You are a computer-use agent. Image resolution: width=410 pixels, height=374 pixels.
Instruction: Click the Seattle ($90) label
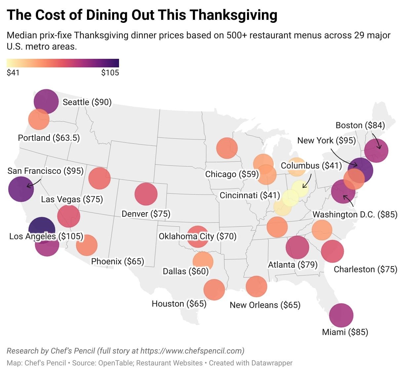pyautogui.click(x=87, y=102)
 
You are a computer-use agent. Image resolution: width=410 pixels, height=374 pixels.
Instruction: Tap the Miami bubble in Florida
pyautogui.click(x=341, y=316)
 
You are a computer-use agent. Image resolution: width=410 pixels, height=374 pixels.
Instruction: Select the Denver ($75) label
pyautogui.click(x=146, y=214)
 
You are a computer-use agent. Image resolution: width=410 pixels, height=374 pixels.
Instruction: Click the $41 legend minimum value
pyautogui.click(x=13, y=73)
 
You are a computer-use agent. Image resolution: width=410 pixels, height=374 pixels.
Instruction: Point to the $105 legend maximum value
pyautogui.click(x=110, y=73)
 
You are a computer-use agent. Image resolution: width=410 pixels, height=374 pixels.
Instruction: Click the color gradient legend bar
pyautogui.click(x=63, y=63)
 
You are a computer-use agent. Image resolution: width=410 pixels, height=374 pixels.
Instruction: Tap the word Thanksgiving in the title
pyautogui.click(x=233, y=15)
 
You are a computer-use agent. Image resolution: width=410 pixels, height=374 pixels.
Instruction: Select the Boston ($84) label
pyautogui.click(x=360, y=125)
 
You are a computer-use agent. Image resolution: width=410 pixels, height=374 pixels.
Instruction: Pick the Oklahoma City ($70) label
pyautogui.click(x=197, y=236)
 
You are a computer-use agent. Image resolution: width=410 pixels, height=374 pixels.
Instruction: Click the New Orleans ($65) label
pyautogui.click(x=265, y=305)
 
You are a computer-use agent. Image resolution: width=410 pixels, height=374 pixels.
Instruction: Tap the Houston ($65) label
pyautogui.click(x=179, y=304)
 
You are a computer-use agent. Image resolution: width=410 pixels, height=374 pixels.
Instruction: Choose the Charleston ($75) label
pyautogui.click(x=365, y=269)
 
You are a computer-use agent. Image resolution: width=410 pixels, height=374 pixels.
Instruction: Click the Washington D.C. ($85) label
pyautogui.click(x=355, y=214)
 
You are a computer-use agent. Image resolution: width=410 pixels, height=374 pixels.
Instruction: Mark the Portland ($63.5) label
pyautogui.click(x=49, y=138)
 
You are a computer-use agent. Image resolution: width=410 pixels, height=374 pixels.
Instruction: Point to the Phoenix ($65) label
pyautogui.click(x=117, y=261)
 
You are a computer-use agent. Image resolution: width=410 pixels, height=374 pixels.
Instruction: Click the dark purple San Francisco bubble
pyautogui.click(x=21, y=189)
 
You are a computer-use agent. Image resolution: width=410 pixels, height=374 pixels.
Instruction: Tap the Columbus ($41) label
pyautogui.click(x=311, y=166)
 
